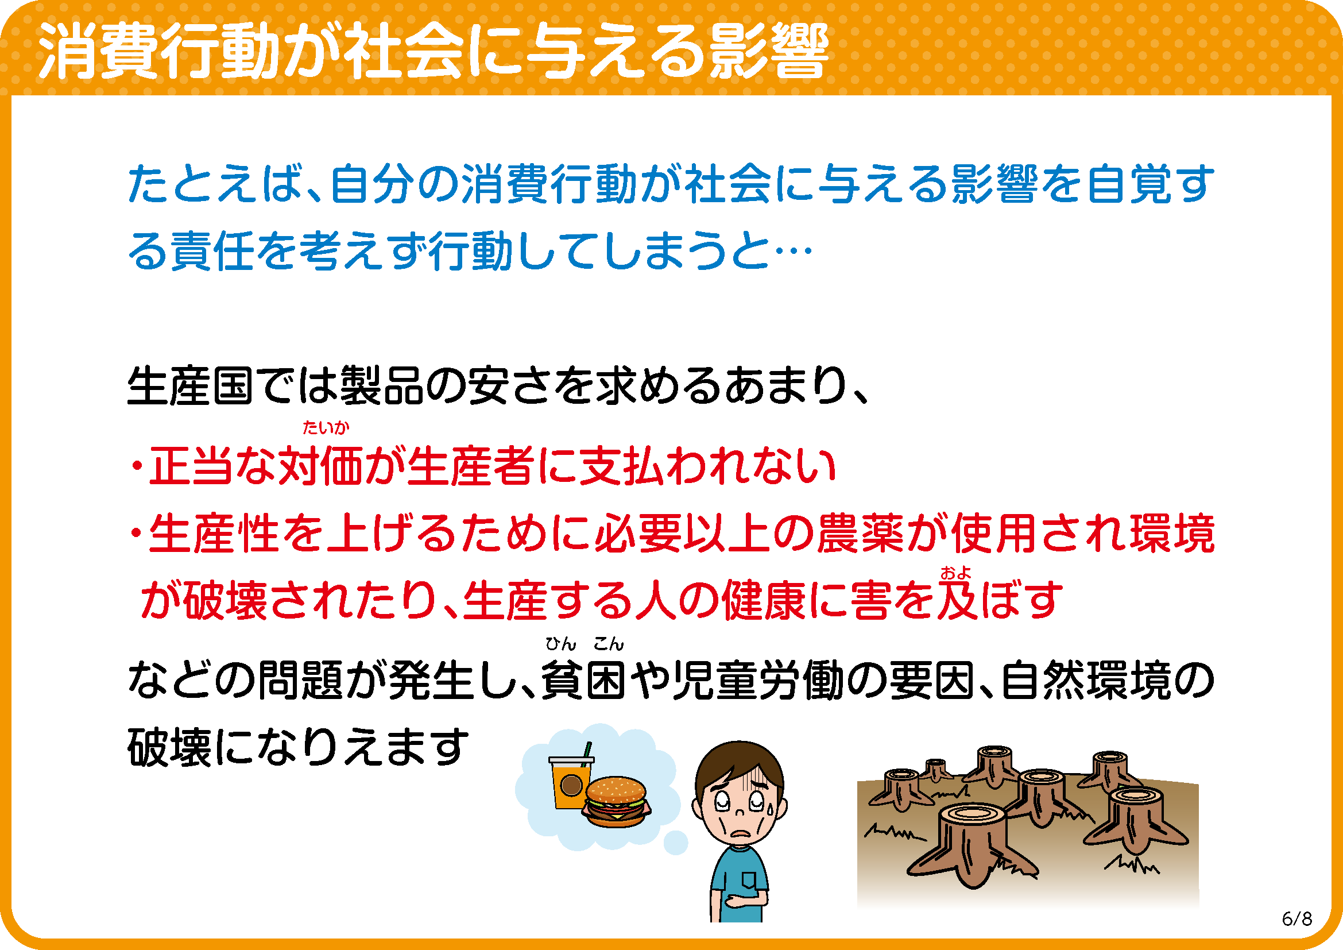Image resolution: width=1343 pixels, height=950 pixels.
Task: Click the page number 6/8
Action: tap(1297, 919)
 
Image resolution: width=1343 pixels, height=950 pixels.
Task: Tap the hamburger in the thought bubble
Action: tap(617, 801)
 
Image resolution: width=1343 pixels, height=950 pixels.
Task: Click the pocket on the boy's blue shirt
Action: tap(749, 881)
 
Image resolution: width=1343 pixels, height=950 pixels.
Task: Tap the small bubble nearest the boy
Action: tap(676, 843)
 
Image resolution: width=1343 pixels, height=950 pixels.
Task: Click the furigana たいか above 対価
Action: tap(326, 428)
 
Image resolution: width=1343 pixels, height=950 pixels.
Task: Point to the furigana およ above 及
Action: tap(956, 573)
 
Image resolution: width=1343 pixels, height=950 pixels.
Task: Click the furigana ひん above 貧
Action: tap(561, 644)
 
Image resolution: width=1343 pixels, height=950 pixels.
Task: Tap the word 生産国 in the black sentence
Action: tap(191, 386)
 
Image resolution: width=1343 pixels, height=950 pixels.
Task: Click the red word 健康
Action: tap(764, 600)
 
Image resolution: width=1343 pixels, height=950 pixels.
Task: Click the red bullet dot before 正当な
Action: tap(137, 467)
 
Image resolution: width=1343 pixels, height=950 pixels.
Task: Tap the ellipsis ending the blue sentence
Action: tap(793, 252)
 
